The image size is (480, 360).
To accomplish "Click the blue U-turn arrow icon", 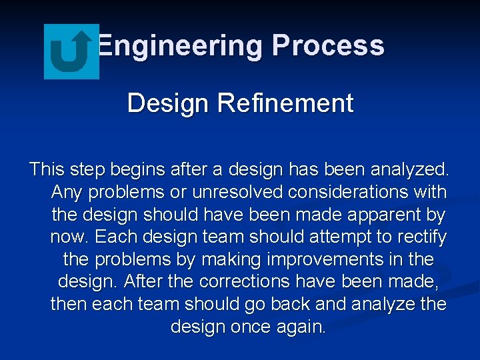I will pyautogui.click(x=71, y=51).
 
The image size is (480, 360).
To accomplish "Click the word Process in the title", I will pyautogui.click(x=329, y=46).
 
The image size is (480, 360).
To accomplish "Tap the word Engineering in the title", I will pyautogui.click(x=181, y=46).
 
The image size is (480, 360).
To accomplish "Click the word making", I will pyautogui.click(x=231, y=259).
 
